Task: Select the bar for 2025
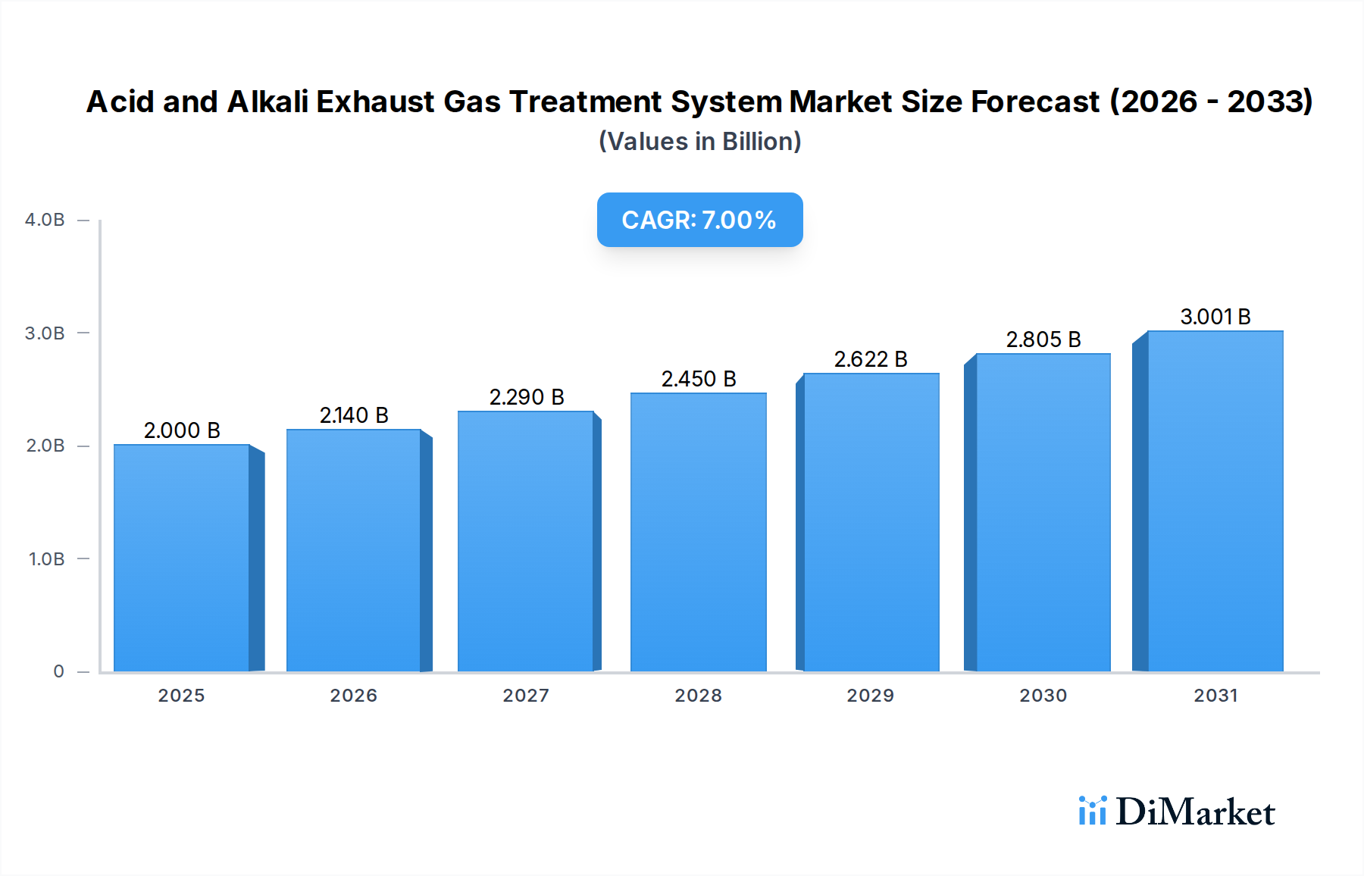pos(182,558)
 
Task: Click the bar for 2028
pos(698,532)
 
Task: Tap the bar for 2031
pos(1215,501)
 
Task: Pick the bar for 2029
pos(871,522)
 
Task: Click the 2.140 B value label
pos(354,415)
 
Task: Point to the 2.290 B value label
pos(527,397)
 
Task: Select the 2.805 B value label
pos(1043,339)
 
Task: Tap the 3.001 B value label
pos(1215,317)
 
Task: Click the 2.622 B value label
pos(871,359)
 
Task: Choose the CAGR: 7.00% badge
pos(699,220)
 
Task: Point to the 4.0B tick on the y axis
pos(45,220)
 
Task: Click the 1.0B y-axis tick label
pos(46,559)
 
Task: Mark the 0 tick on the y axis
pos(58,671)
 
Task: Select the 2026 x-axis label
pos(353,696)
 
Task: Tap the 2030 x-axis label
pos(1043,696)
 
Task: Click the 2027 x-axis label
pos(526,696)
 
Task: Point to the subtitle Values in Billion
pos(699,142)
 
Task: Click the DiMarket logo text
pos(1195,812)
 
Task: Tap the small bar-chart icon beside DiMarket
pos(1092,811)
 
